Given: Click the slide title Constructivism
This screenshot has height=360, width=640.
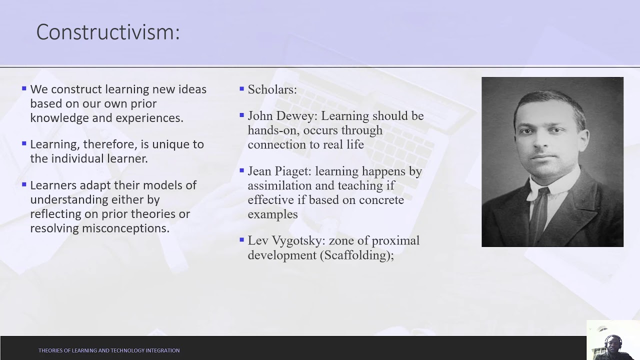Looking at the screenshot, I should click(107, 32).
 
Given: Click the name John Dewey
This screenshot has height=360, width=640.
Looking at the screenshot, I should click(282, 116).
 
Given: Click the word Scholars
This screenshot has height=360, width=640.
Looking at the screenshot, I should click(272, 90).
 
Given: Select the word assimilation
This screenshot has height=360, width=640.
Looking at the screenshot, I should click(277, 186).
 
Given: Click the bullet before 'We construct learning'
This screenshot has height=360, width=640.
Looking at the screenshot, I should click(24, 89).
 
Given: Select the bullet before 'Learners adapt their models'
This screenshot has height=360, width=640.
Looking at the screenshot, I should click(24, 184).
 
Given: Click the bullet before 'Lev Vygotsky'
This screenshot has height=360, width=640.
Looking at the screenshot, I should click(242, 240).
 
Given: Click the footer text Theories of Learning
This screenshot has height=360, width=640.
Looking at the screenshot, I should click(109, 350).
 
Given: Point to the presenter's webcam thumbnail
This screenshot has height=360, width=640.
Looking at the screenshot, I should click(613, 340).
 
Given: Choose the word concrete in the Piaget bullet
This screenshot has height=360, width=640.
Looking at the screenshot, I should click(381, 200).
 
